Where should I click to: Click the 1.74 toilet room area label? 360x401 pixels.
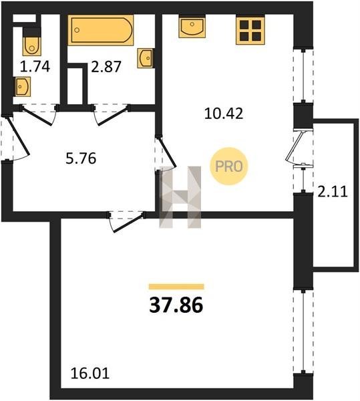35,67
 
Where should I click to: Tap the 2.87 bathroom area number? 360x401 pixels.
106,68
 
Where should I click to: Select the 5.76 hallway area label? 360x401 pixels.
81,158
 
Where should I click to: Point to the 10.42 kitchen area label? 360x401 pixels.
224,114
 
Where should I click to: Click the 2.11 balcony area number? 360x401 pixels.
333,192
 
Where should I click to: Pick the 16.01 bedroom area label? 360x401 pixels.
90,374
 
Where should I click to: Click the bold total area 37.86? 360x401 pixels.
176,305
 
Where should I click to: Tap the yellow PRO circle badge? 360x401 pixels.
228,166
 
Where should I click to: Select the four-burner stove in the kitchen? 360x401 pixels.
250,30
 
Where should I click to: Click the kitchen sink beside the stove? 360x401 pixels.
192,27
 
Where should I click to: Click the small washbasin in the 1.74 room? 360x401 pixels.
23,87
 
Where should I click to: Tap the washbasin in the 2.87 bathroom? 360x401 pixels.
146,58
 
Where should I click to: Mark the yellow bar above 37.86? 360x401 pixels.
176,287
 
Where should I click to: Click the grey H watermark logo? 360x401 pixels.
180,197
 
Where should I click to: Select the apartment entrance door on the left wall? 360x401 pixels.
15,138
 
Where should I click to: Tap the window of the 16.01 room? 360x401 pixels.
303,332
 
